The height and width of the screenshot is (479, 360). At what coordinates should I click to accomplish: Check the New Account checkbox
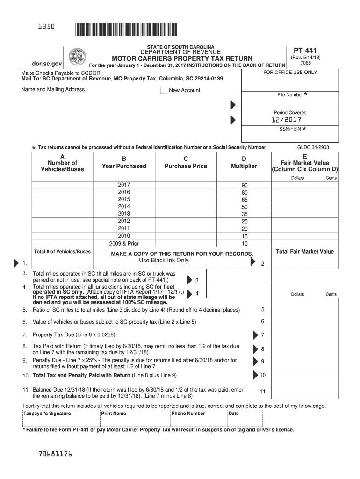[163, 90]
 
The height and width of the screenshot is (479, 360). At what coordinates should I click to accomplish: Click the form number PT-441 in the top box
[304, 49]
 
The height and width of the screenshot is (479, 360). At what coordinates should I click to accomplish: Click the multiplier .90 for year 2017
[244, 186]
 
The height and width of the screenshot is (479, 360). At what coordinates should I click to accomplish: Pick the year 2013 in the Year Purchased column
[124, 214]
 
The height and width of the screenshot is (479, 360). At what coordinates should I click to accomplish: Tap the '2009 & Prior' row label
[124, 243]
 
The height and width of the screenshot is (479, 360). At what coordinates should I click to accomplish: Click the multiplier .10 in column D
[244, 244]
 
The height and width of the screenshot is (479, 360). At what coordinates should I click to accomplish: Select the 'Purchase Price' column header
[186, 166]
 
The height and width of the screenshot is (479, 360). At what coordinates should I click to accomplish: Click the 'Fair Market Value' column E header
[305, 163]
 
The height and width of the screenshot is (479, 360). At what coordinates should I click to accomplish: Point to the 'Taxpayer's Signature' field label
[47, 414]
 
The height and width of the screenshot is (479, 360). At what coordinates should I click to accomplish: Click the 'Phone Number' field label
[188, 414]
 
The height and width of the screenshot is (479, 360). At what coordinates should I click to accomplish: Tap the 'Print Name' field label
[114, 414]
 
